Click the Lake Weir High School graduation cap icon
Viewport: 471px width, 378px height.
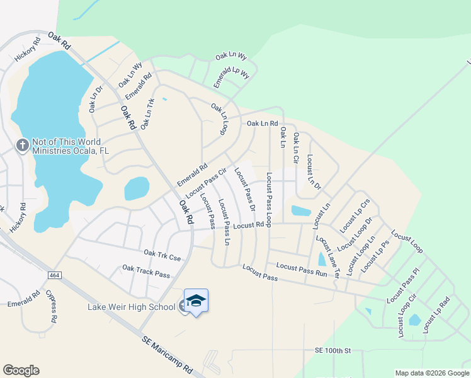196,301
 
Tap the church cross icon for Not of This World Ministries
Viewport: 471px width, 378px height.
22,146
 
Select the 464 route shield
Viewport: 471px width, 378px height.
54,276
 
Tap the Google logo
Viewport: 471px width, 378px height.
21,370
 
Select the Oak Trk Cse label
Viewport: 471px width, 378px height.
162,255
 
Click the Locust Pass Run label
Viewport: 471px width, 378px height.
302,270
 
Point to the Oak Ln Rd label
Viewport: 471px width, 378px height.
262,123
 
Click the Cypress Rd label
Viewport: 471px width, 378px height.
50,306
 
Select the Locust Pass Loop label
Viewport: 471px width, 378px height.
269,200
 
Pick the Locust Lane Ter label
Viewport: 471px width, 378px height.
327,256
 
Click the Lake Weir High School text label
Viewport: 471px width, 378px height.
131,307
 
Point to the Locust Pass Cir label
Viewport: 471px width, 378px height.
206,180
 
